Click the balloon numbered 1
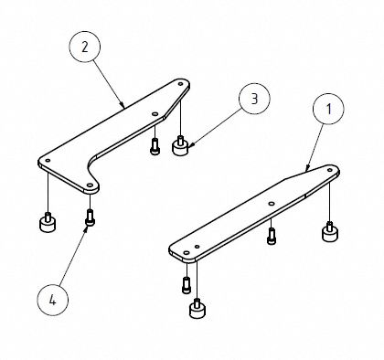[x=325, y=109]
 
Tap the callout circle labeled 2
[x=83, y=47]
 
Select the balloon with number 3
[x=253, y=98]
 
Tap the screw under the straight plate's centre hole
[x=271, y=237]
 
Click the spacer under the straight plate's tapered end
[x=328, y=234]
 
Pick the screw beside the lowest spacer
[x=186, y=285]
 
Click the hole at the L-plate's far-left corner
[x=46, y=162]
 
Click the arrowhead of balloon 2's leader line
[x=124, y=108]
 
